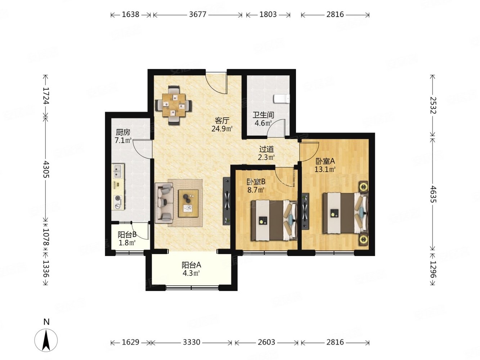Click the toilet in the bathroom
(x=281, y=99)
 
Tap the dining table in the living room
(x=174, y=105)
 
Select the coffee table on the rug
(x=188, y=203)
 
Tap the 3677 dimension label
(x=198, y=14)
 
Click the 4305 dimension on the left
(x=46, y=170)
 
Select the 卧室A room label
(x=325, y=161)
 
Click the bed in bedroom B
(x=274, y=220)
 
